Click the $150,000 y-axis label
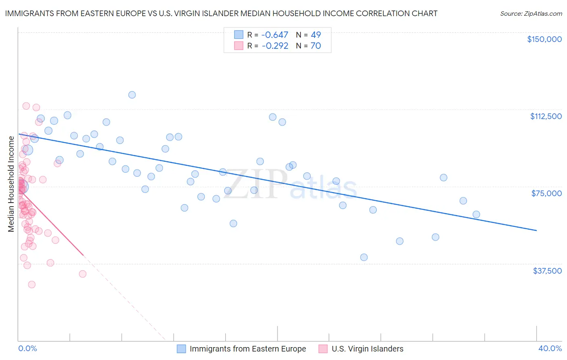point(544,39)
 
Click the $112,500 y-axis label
point(546,116)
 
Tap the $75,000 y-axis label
point(546,193)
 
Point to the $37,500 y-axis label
point(547,271)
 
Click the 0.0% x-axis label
point(27,348)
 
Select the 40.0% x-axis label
point(550,348)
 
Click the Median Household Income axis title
point(11,184)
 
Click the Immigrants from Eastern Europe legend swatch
point(181,349)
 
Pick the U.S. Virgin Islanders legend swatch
point(323,349)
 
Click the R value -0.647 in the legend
point(275,35)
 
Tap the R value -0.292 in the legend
point(275,46)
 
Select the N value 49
point(316,35)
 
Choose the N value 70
point(316,46)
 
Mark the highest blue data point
point(132,95)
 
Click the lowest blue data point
point(364,257)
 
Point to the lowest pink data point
point(31,285)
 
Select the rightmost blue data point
point(476,214)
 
